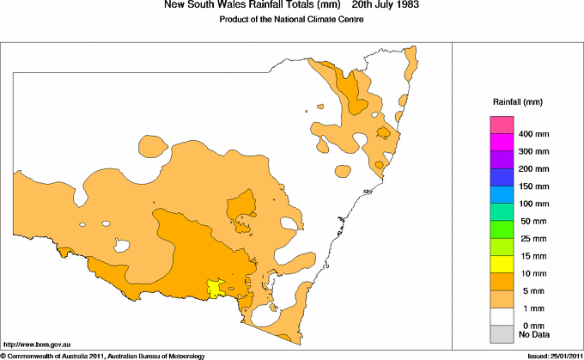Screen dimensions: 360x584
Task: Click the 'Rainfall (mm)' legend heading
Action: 515,102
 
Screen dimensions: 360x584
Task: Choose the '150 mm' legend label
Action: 532,186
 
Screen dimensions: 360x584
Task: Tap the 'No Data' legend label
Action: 532,333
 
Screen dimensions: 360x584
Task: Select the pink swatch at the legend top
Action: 502,125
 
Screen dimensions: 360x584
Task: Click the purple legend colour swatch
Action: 502,160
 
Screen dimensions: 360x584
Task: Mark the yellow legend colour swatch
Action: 502,264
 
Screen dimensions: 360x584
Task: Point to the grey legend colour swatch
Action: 502,333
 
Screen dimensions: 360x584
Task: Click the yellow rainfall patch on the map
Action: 216,288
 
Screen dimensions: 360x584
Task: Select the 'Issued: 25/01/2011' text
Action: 549,356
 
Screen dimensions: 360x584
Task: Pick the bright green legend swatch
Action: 502,229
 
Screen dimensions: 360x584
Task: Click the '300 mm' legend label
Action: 532,152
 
